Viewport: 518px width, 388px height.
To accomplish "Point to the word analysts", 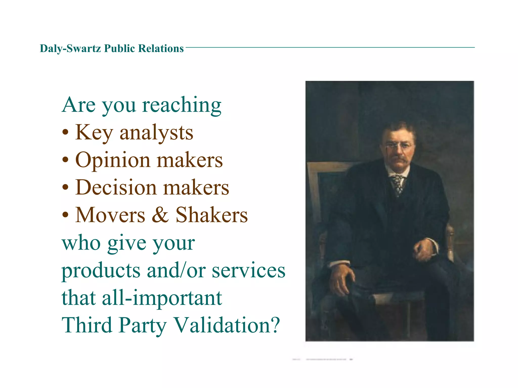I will tap(156, 133).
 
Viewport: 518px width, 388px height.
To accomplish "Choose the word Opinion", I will tap(113, 160).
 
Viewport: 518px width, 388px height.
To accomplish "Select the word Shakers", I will tap(211, 215).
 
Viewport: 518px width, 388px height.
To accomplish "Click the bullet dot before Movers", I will tap(66, 215).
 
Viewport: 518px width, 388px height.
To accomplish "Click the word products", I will tap(101, 271).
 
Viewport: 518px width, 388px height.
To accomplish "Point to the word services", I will tap(248, 271).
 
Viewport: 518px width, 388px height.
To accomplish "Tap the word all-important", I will tap(162, 298).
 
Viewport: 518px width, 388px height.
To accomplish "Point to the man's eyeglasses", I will tap(399, 146).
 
